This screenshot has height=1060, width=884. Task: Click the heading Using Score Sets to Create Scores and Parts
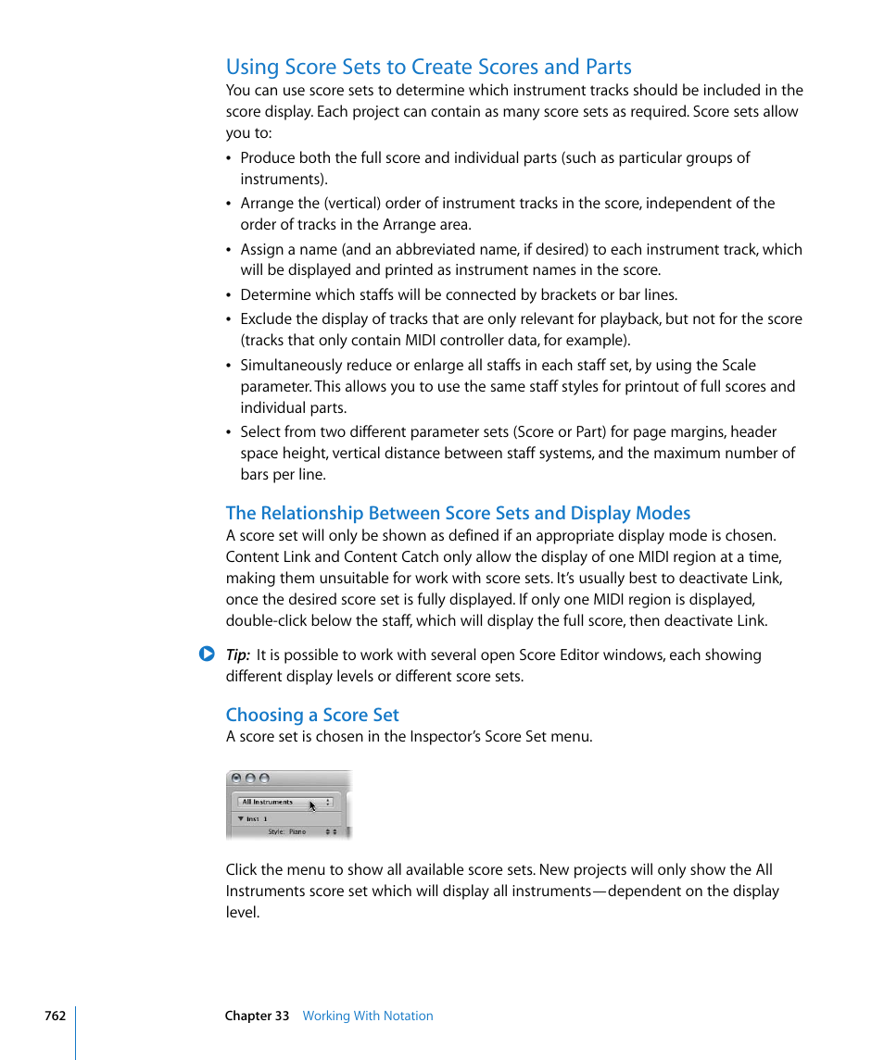[428, 67]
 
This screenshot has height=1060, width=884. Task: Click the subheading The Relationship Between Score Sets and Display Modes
[458, 513]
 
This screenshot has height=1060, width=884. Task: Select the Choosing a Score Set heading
[312, 715]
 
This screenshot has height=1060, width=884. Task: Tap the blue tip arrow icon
[207, 654]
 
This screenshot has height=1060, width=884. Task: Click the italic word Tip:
[238, 655]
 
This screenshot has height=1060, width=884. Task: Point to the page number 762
[55, 1016]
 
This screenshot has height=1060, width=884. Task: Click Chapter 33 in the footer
[257, 1016]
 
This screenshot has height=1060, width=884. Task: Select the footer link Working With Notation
[368, 1016]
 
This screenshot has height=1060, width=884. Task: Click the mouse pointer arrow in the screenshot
[312, 806]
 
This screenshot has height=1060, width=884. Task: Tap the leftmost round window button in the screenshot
[236, 779]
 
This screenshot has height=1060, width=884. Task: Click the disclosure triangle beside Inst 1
[241, 819]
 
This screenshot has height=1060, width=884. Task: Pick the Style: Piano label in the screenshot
[286, 831]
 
